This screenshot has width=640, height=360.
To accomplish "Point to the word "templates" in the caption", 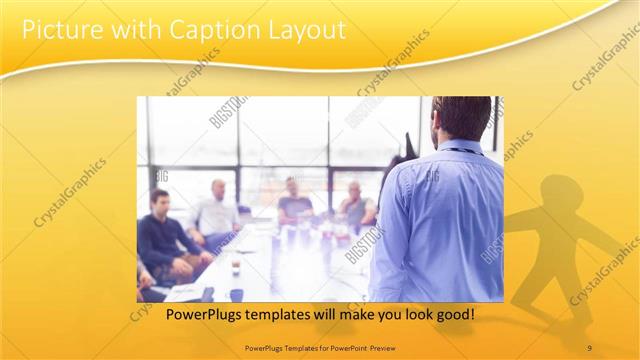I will coord(265,314).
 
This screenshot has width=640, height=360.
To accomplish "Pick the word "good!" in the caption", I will coord(453,314).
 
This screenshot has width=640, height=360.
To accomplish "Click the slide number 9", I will coord(589,347).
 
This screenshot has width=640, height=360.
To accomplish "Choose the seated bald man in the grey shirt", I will coord(356,204).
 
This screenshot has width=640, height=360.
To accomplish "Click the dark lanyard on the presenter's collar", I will coord(459,150).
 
